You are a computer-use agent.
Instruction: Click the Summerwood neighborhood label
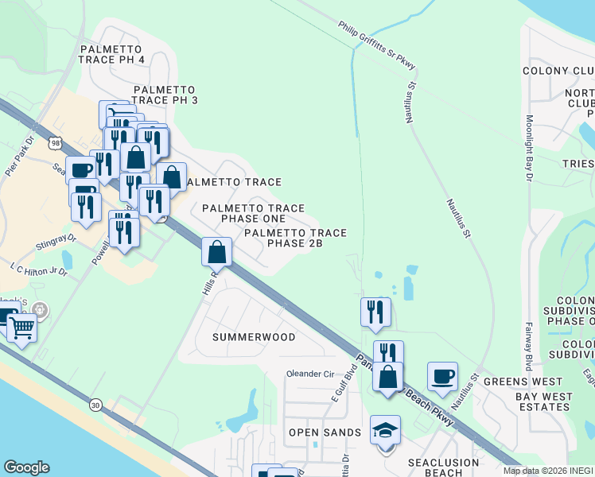tap(254, 337)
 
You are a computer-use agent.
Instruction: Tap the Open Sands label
tap(325, 432)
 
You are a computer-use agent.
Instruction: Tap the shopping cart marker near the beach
tap(21, 327)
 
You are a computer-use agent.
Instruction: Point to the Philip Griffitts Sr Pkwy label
tap(377, 41)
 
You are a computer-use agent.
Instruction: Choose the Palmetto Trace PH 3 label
tap(165, 95)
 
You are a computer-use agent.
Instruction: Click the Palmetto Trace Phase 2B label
tap(295, 238)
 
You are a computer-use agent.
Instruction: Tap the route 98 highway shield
tap(53, 142)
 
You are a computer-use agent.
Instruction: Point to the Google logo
tap(26, 467)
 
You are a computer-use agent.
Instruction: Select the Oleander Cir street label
tap(311, 374)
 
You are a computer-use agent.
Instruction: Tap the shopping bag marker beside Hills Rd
tap(217, 254)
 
